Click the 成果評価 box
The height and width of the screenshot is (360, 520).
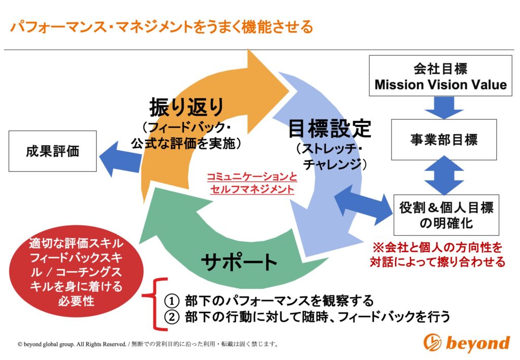(x=52, y=151)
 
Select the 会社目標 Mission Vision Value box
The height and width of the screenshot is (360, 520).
(x=440, y=76)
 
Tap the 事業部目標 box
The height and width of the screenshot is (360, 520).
(x=444, y=140)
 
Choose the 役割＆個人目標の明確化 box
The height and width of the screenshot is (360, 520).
(x=446, y=215)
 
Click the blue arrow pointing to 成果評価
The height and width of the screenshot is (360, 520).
(x=121, y=159)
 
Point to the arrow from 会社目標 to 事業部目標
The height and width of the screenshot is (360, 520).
(x=444, y=108)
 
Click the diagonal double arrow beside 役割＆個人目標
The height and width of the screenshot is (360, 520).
(x=364, y=206)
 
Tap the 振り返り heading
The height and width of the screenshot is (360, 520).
(x=186, y=107)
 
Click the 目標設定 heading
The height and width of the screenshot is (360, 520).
(x=329, y=128)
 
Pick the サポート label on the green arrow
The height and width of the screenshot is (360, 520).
(x=239, y=262)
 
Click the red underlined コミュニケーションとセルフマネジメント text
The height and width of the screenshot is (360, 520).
(x=252, y=183)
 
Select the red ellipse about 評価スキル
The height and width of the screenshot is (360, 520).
(x=76, y=271)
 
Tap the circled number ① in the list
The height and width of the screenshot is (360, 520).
(x=172, y=301)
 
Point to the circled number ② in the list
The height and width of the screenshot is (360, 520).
(x=172, y=316)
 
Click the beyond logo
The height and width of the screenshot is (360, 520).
(x=467, y=342)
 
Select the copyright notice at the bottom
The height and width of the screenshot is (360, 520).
(x=148, y=344)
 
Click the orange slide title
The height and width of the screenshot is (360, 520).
(x=161, y=27)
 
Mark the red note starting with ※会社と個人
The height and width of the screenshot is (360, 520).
(x=437, y=254)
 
